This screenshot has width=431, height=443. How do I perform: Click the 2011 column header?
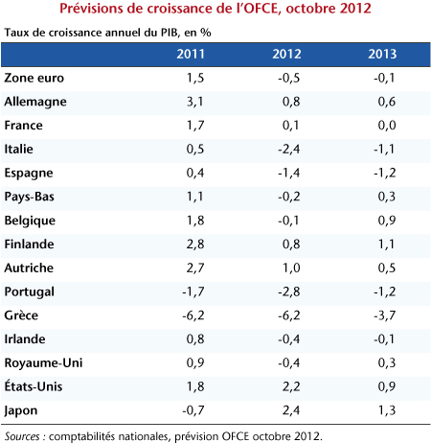[x=191, y=54]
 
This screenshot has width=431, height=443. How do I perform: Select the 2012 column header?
[x=286, y=54]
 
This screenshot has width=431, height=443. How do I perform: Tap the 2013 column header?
[x=382, y=54]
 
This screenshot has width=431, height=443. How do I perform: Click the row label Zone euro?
[x=34, y=78]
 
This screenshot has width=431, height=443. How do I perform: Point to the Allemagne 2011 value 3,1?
[x=195, y=102]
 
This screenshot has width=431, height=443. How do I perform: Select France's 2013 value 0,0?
[x=387, y=126]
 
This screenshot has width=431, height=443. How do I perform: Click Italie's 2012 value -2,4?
[x=288, y=149]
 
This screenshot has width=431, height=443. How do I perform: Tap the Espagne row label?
[x=29, y=174]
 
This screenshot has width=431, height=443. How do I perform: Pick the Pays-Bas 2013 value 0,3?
[x=387, y=197]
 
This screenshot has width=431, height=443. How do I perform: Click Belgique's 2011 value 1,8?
[x=195, y=221]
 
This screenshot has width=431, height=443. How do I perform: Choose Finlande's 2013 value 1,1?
[x=387, y=245]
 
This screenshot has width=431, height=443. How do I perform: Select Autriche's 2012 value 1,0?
[x=291, y=268]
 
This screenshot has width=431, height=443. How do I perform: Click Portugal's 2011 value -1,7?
[x=193, y=291]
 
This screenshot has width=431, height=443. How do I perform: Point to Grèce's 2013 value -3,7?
[x=384, y=315]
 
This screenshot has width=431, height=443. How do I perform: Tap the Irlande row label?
[x=25, y=339]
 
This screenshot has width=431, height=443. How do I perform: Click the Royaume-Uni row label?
[x=43, y=362]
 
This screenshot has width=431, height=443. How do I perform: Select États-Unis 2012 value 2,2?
[x=291, y=386]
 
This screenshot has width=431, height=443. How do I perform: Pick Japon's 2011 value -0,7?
[x=193, y=410]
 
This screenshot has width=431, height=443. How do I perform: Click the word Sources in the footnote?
[x=22, y=436]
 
